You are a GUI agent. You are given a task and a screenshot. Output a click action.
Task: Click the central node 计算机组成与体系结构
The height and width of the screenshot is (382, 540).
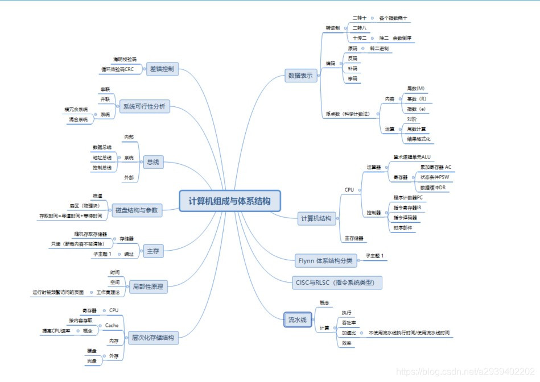tap(230, 201)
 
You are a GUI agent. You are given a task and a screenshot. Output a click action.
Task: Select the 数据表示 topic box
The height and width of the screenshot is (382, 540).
tap(300, 76)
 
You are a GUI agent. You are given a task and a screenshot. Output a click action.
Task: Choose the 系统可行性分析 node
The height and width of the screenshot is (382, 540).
tap(144, 106)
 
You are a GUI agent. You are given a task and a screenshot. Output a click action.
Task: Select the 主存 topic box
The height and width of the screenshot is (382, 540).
tap(151, 251)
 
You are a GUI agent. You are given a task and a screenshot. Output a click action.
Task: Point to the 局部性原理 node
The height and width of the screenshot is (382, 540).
tap(147, 286)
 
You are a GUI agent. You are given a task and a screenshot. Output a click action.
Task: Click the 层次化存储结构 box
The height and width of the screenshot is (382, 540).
tap(152, 338)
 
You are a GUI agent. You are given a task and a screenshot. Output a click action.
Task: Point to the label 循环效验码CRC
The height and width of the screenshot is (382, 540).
tap(117, 69)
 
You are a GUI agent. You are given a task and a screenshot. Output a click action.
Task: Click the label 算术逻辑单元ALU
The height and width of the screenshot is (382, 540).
tap(412, 156)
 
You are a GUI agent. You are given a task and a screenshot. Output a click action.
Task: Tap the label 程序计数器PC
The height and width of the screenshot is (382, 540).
tap(408, 197)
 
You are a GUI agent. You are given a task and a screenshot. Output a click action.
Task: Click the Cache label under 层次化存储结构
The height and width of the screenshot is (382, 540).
tap(112, 325)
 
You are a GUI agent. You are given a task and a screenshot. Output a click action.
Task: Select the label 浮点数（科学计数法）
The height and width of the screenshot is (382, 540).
tap(348, 114)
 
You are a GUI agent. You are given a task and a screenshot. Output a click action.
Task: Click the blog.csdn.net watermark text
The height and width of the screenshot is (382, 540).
tap(466, 371)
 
